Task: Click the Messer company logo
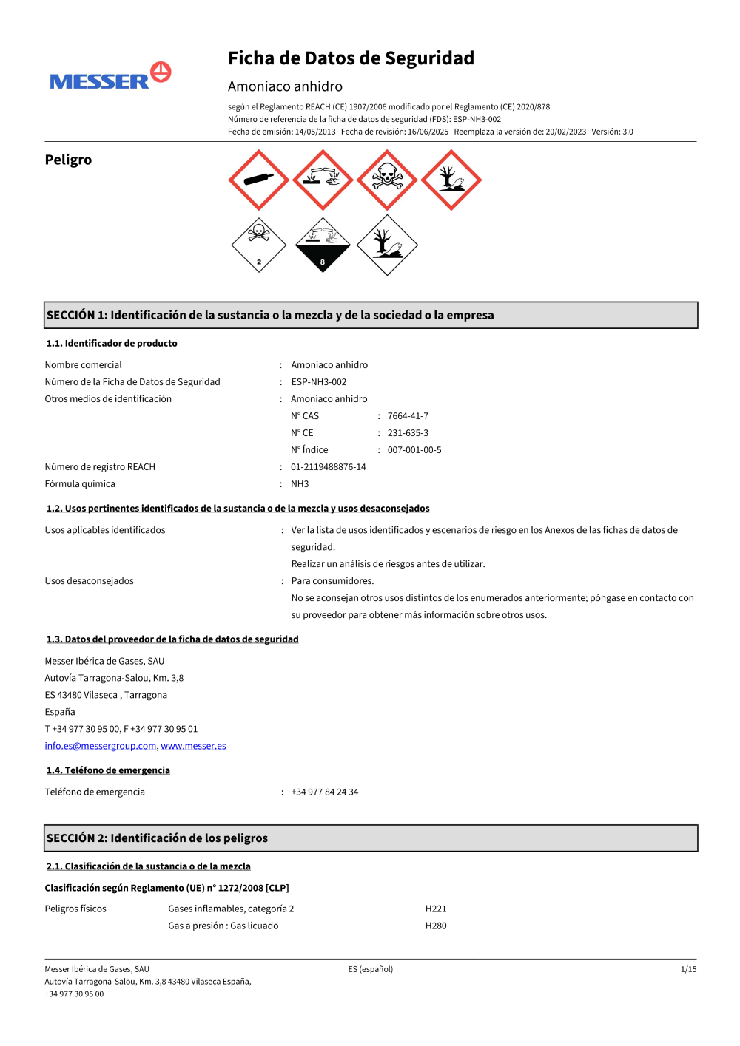coord(110,76)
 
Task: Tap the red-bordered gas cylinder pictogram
coord(258,180)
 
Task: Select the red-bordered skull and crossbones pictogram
coord(387,180)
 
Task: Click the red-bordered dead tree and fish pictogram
coord(451,180)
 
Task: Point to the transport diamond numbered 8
coord(323,245)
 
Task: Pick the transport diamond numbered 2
coord(258,245)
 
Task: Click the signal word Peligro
coord(68,160)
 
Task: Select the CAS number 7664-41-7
coord(408,416)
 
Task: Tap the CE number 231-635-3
coord(408,433)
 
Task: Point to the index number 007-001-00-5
coord(414,450)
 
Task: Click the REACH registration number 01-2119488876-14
coord(328,467)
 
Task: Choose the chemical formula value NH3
coord(300,484)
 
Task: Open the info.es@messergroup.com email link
coord(101,746)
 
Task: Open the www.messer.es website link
coord(193,746)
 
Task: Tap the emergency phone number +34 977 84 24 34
coord(324,792)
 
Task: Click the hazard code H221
coord(436,909)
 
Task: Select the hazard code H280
coord(436,926)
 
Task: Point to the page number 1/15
coord(688,969)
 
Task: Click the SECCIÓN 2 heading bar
coord(371,838)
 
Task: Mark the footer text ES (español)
coord(371,969)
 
